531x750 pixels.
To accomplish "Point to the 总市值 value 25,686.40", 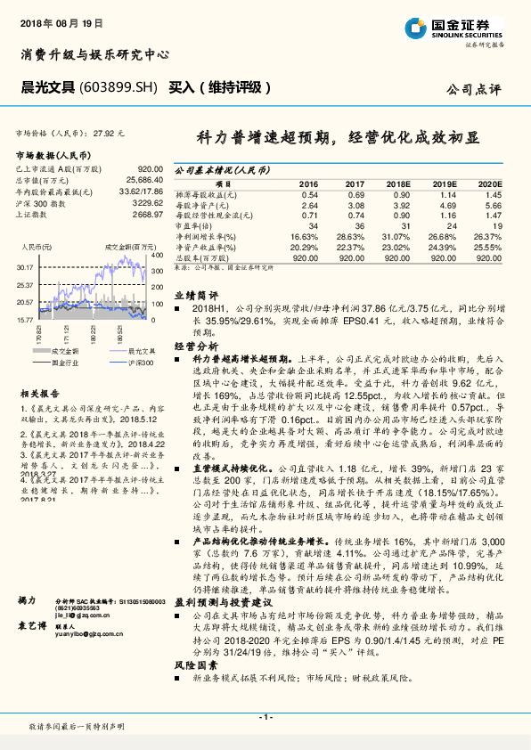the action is click(x=143, y=180).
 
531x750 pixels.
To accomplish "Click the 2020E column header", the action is click(x=489, y=182).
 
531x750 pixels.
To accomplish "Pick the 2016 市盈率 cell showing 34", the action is click(x=311, y=226).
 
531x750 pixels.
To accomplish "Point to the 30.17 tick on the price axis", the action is click(x=25, y=266).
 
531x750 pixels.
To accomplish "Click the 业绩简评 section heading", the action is click(x=195, y=294).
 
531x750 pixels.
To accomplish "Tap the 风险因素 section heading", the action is click(x=195, y=665).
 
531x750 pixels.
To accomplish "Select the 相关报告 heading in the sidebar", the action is click(x=40, y=393).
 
